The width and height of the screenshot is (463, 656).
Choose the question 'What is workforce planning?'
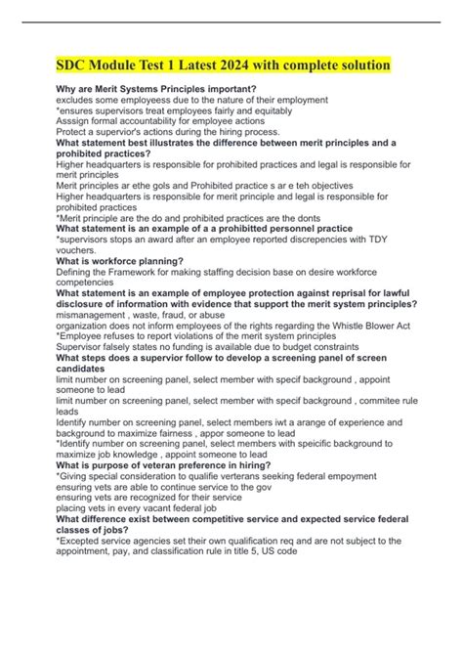click(x=119, y=261)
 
